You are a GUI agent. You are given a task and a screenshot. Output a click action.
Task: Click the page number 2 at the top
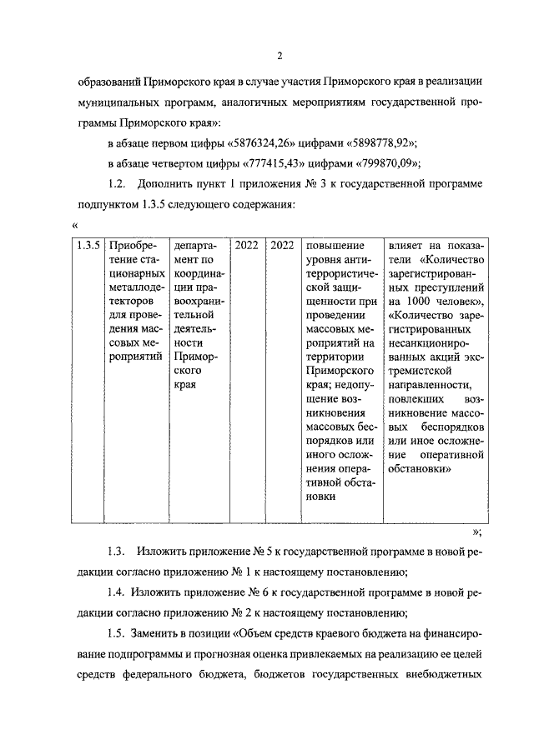pyautogui.click(x=280, y=56)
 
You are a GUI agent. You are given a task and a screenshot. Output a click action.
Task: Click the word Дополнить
pyautogui.click(x=169, y=182)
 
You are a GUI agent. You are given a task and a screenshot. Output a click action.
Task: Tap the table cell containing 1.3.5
pyautogui.click(x=88, y=246)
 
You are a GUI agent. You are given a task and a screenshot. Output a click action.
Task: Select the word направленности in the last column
pyautogui.click(x=429, y=386)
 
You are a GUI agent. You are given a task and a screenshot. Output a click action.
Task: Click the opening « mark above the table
pyautogui.click(x=76, y=224)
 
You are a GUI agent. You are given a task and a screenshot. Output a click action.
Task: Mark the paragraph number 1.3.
pyautogui.click(x=117, y=552)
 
